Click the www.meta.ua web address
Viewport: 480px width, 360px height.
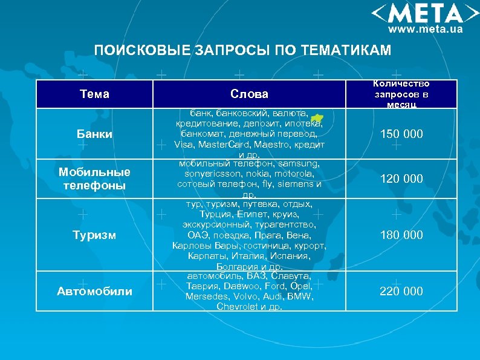[x=425, y=28]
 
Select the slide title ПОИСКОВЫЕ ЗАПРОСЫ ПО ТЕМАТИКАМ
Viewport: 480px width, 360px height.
[x=242, y=50]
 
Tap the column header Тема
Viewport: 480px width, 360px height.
[x=94, y=94]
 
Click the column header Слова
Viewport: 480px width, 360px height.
[x=249, y=94]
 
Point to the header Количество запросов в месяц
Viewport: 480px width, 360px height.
[x=401, y=94]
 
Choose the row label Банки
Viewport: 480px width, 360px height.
[x=95, y=134]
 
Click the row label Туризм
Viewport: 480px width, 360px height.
[x=95, y=235]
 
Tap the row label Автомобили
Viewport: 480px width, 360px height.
[x=94, y=291]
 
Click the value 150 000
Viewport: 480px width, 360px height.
[x=401, y=134]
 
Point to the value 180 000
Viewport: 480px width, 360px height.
[x=401, y=235]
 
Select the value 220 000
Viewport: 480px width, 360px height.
[x=401, y=291]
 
